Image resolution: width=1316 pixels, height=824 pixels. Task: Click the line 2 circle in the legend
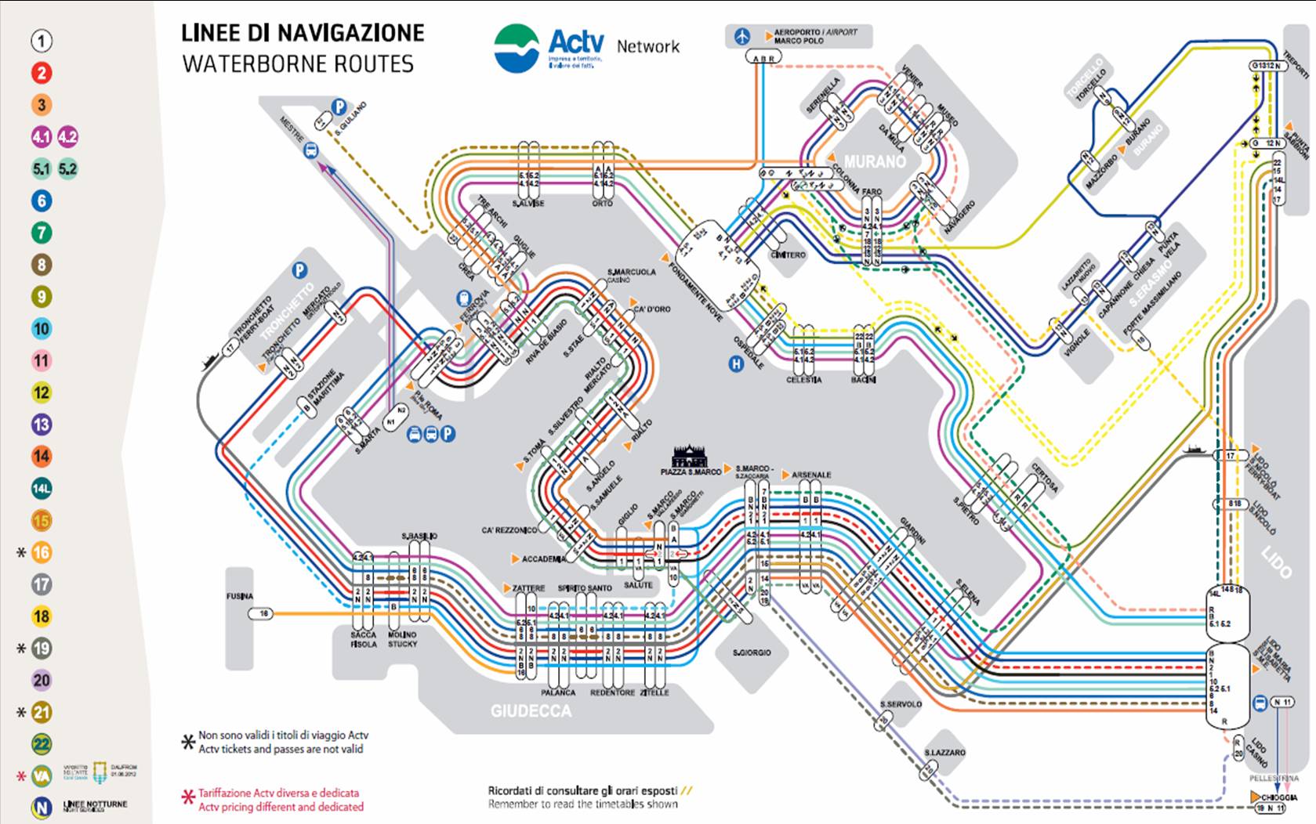(x=42, y=73)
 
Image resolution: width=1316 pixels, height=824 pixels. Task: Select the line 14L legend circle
(x=42, y=489)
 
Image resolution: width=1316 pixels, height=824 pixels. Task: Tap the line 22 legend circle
(x=42, y=744)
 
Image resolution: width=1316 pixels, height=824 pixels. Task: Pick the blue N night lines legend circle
(x=42, y=807)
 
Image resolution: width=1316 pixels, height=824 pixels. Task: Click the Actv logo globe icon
(x=517, y=48)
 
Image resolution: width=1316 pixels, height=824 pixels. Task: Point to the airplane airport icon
(x=742, y=36)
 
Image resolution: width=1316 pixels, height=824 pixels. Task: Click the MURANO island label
(x=875, y=161)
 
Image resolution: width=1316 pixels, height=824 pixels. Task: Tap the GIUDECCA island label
(x=531, y=711)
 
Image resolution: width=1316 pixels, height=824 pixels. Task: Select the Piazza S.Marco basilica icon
(x=690, y=456)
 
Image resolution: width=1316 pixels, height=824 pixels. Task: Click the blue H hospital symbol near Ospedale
(x=736, y=363)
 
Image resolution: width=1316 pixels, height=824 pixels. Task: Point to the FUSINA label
(x=240, y=596)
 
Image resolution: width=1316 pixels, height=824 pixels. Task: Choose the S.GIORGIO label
(x=752, y=652)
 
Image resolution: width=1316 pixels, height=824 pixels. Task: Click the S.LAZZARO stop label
(x=944, y=753)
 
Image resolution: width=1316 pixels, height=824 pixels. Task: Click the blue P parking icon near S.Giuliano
(x=339, y=107)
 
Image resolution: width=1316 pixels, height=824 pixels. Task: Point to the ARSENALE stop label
(x=811, y=475)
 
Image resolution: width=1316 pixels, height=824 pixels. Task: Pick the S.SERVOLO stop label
(x=901, y=704)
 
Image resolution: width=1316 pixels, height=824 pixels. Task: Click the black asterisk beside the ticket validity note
(x=187, y=742)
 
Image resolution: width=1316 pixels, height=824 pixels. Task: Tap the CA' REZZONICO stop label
(x=509, y=530)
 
